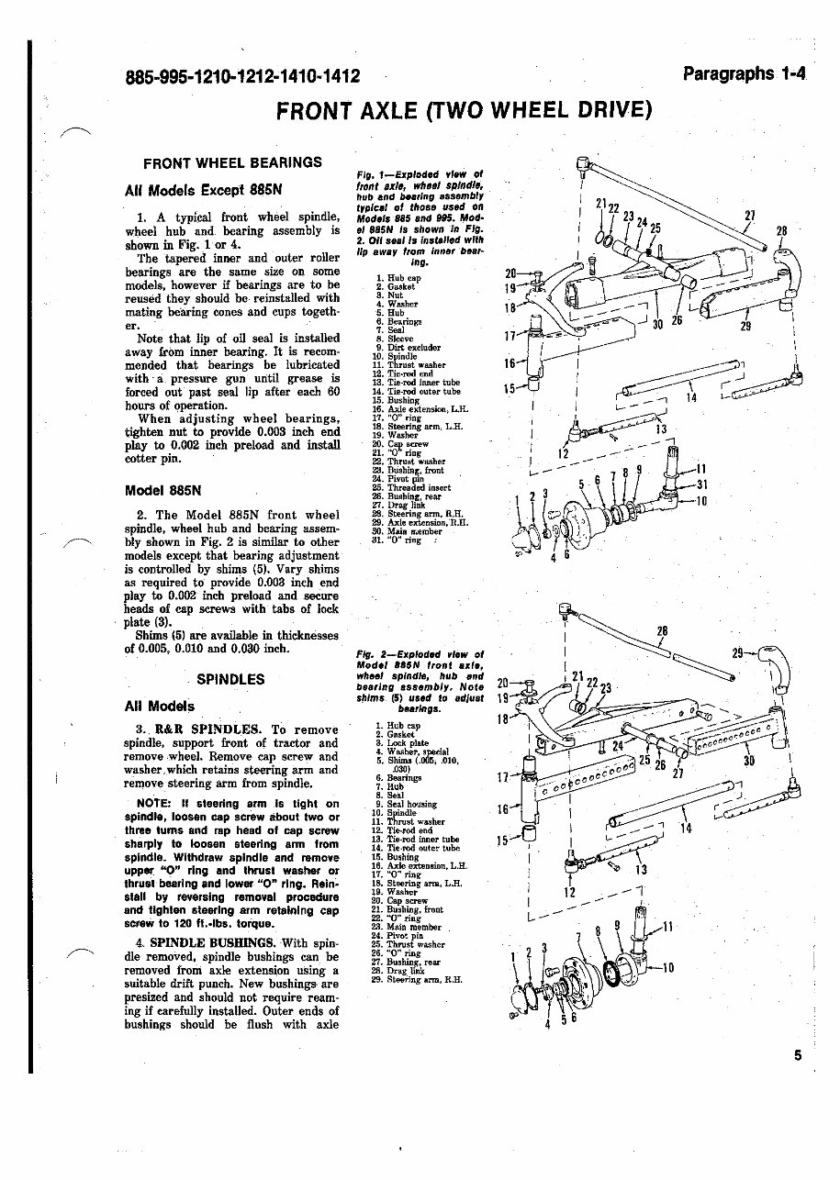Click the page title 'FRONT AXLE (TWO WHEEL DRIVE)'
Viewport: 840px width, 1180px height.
click(x=465, y=111)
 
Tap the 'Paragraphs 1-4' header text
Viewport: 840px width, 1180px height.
click(x=744, y=73)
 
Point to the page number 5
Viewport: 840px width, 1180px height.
click(x=798, y=1055)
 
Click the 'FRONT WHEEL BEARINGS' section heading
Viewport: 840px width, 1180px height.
click(x=232, y=162)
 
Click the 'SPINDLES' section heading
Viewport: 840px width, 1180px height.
click(x=231, y=680)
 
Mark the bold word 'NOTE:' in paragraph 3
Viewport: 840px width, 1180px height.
click(x=152, y=804)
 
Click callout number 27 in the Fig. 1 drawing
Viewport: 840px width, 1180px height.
click(x=750, y=216)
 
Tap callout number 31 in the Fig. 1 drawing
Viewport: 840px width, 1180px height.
click(x=701, y=484)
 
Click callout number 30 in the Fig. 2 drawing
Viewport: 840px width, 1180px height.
click(x=749, y=761)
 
